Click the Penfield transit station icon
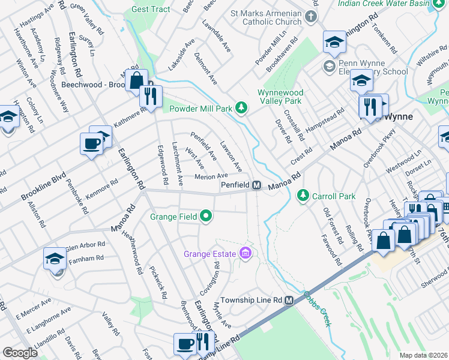[x=256, y=185]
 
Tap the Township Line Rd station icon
[x=289, y=300]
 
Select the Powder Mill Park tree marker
[x=241, y=108]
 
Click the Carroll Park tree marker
[x=304, y=196]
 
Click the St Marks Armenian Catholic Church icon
[x=311, y=16]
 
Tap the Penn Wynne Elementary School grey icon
[x=329, y=65]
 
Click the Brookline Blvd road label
[x=43, y=187]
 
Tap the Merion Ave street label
[x=211, y=176]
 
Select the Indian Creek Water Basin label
[x=391, y=3]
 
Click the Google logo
[x=20, y=353]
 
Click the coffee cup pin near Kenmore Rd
[x=91, y=143]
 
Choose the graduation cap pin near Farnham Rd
[x=55, y=259]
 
